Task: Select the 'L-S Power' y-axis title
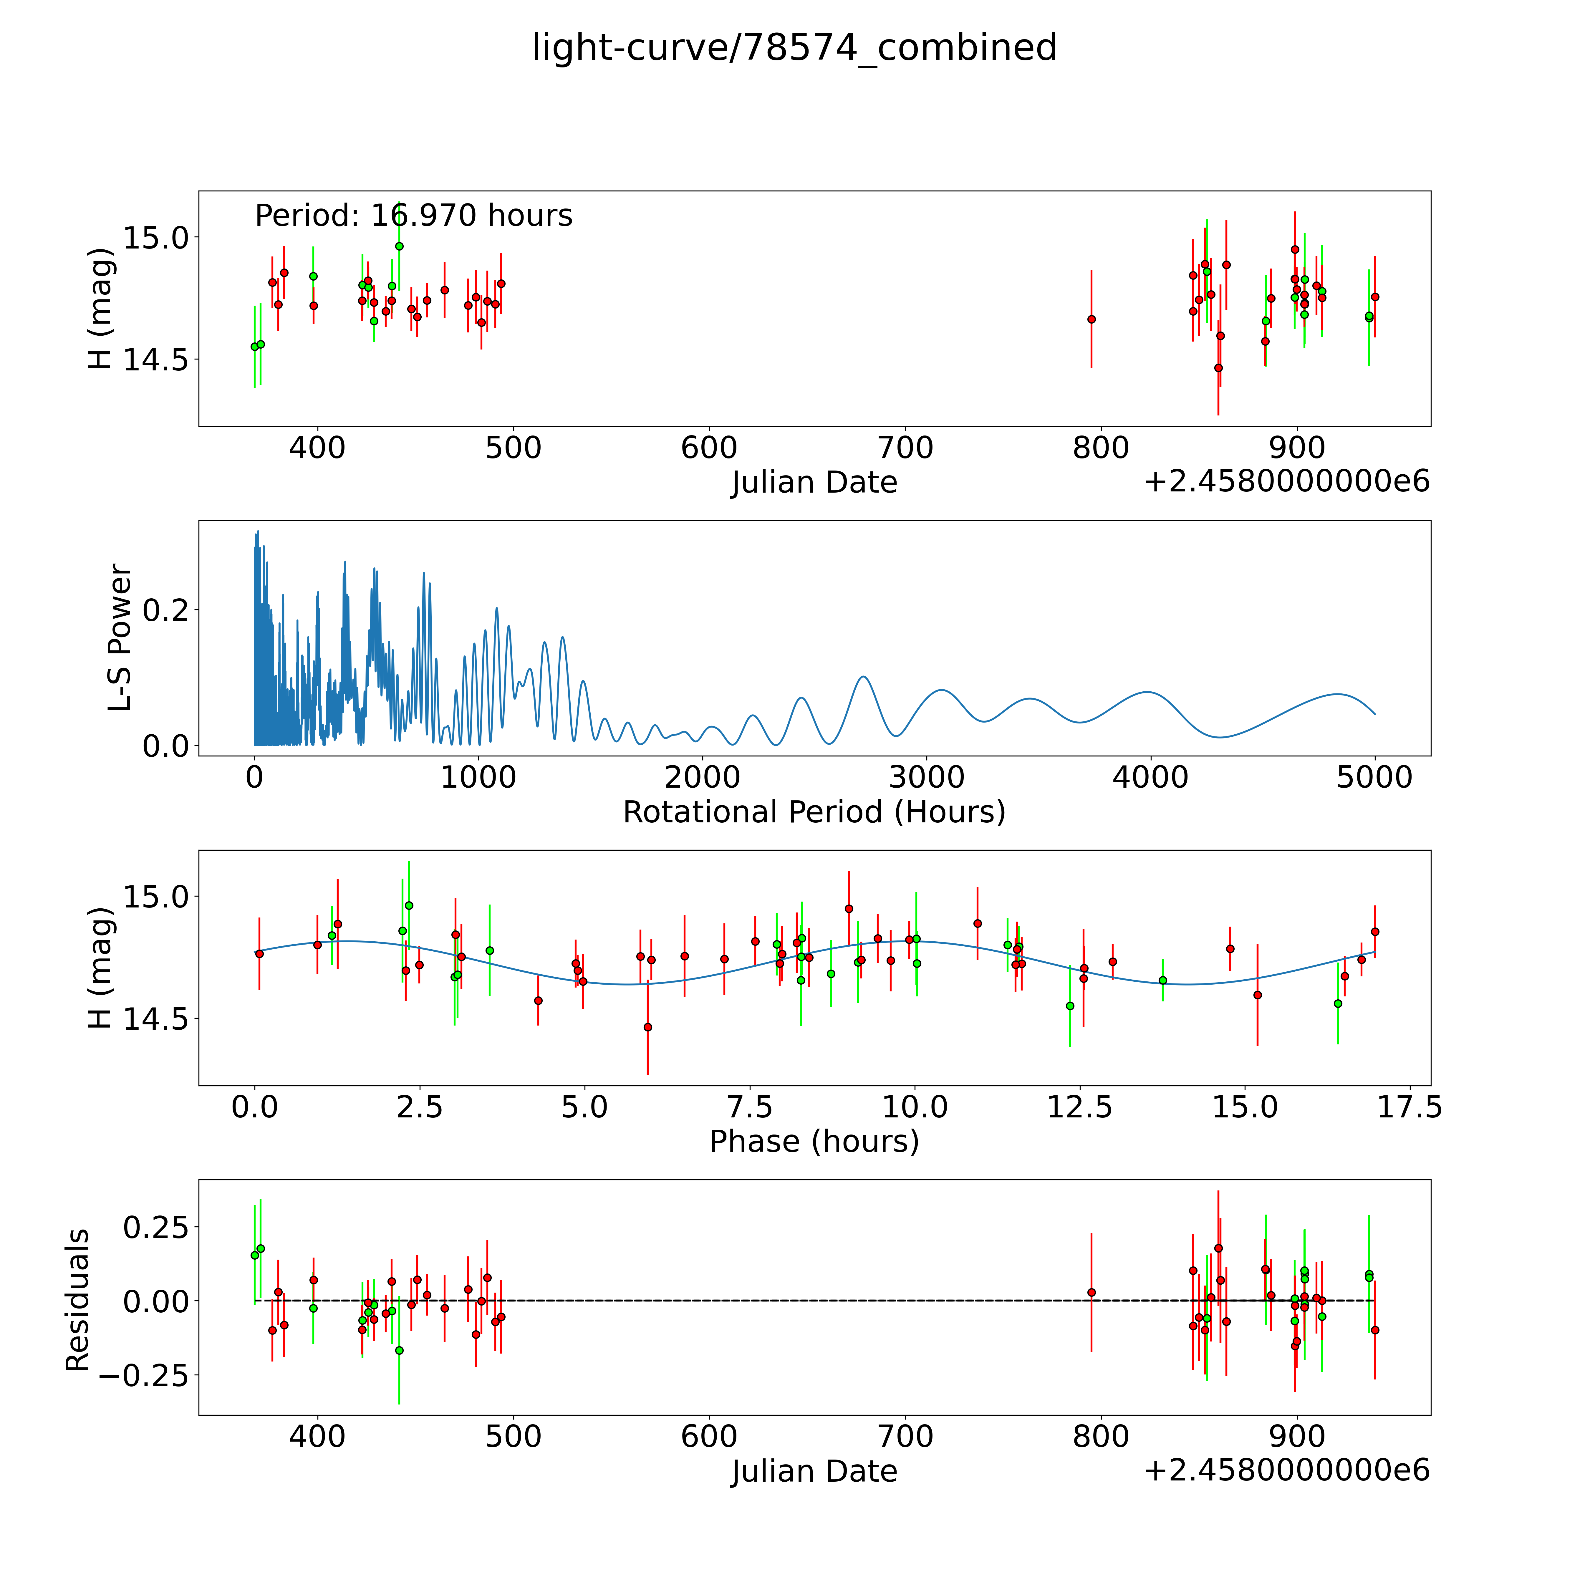click(x=120, y=638)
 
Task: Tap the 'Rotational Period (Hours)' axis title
click(x=814, y=812)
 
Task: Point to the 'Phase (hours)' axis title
click(x=814, y=1142)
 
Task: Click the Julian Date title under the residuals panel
click(x=814, y=1471)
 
